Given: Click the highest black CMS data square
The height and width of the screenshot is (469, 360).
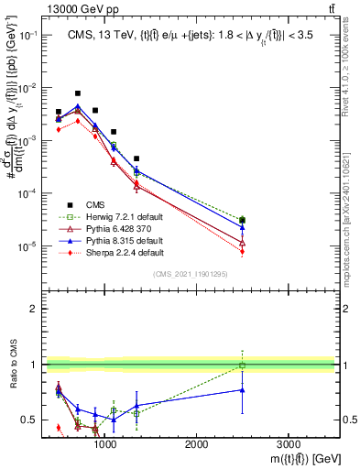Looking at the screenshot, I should click(x=78, y=93).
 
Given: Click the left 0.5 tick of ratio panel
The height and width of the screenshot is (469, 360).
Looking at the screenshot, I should click(x=29, y=420).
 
